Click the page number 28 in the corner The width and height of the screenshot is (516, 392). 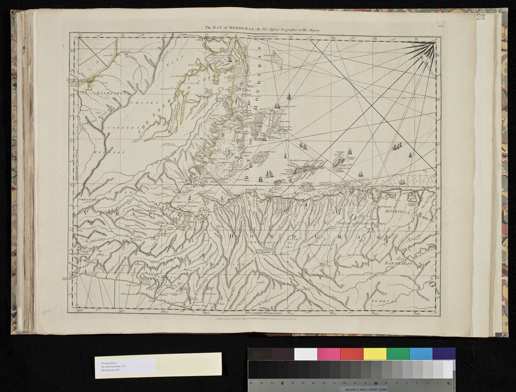480,18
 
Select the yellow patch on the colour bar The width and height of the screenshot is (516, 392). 374,354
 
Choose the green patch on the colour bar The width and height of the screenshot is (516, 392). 397,354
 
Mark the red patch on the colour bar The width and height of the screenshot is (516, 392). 351,354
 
